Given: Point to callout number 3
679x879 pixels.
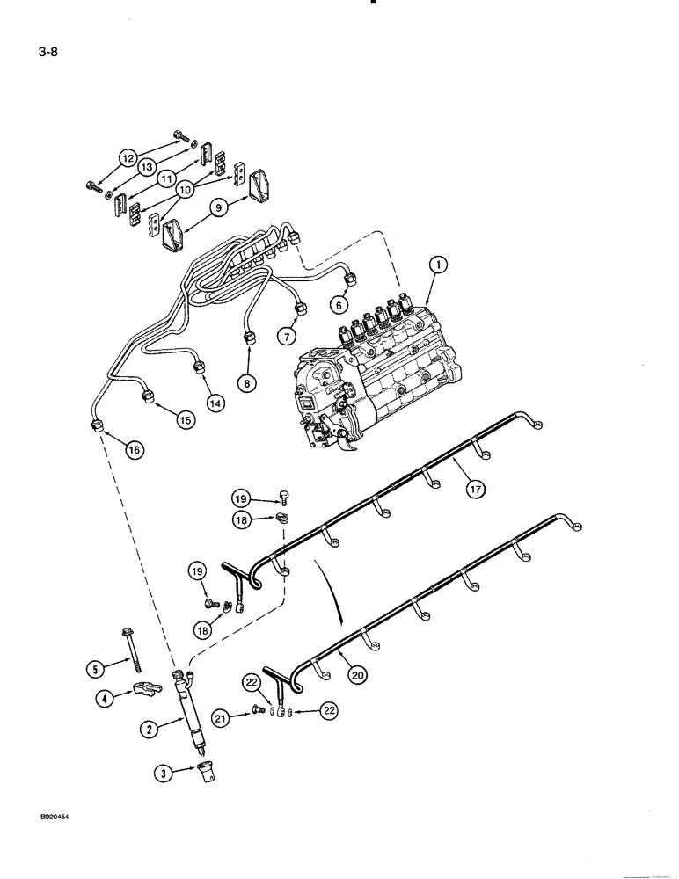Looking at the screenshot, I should pyautogui.click(x=163, y=774).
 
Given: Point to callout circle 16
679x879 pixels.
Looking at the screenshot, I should pyautogui.click(x=133, y=449).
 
